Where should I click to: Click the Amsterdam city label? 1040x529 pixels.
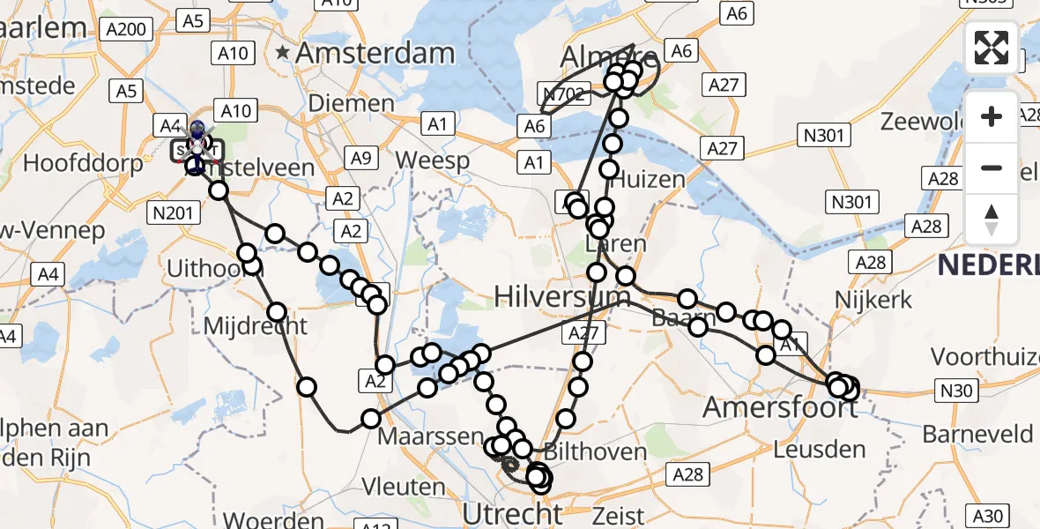(375, 53)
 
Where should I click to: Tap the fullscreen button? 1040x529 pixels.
(992, 48)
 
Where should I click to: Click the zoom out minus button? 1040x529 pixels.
(992, 168)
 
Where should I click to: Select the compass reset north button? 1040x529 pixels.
(992, 220)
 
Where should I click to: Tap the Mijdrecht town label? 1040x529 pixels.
(256, 325)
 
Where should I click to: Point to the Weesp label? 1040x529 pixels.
(433, 160)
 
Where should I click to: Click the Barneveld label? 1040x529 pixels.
(977, 434)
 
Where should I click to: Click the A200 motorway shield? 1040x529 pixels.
(125, 29)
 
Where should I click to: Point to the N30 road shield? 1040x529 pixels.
(957, 391)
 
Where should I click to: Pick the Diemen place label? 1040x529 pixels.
(352, 104)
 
